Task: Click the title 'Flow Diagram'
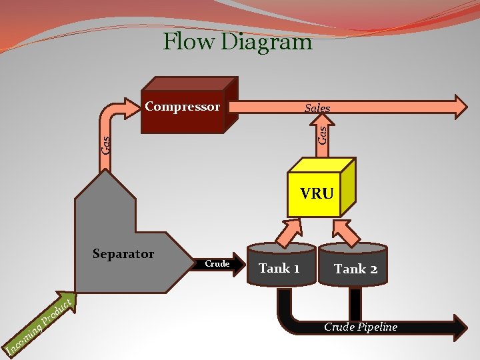click(237, 42)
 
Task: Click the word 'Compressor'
click(182, 107)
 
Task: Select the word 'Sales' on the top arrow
click(317, 108)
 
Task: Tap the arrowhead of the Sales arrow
click(461, 107)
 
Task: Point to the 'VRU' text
click(317, 194)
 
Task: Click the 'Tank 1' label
click(279, 269)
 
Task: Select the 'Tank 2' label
click(356, 269)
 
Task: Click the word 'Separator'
click(123, 254)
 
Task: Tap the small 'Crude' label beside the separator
click(217, 264)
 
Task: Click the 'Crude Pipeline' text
click(361, 327)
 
